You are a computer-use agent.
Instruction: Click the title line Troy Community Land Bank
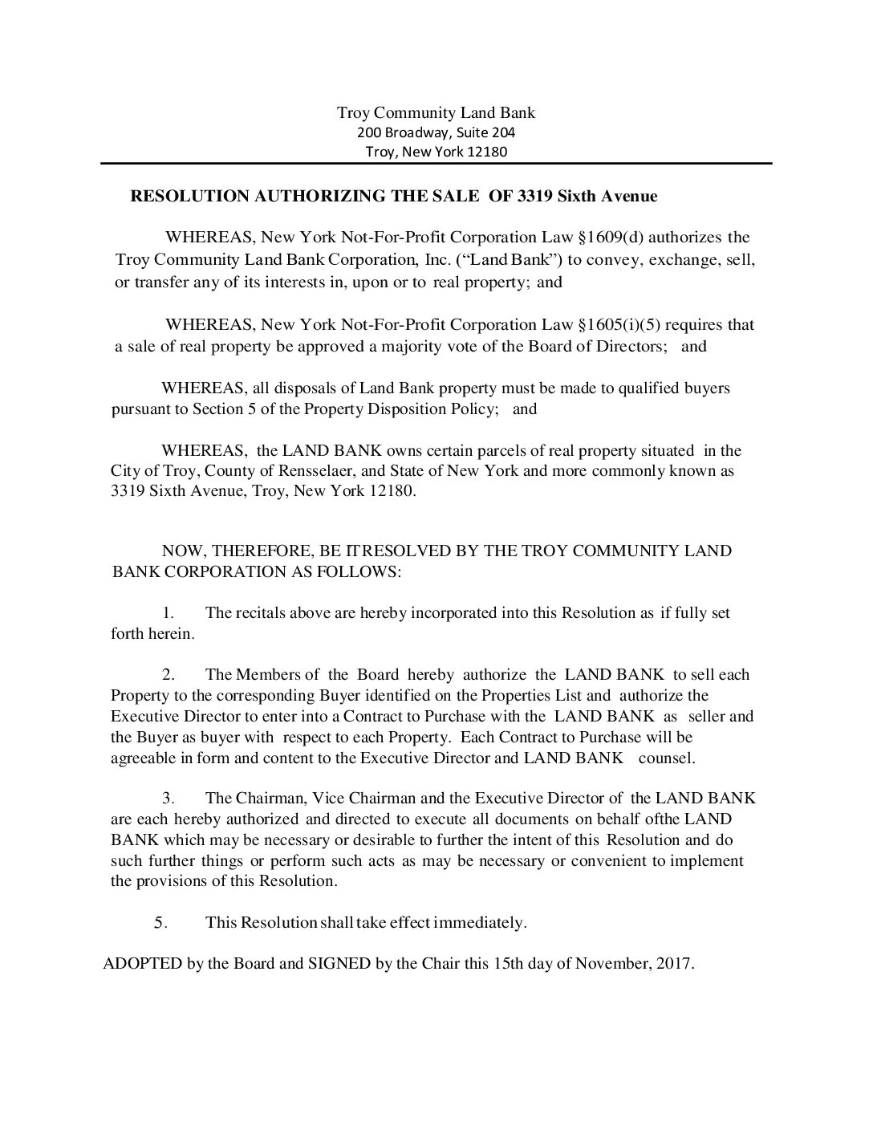click(436, 112)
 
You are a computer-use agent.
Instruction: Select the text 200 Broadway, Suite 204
click(436, 132)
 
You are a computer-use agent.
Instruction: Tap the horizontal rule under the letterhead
click(436, 164)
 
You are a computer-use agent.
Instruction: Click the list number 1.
click(169, 613)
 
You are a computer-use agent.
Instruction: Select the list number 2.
click(169, 675)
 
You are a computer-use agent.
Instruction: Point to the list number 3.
click(169, 799)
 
